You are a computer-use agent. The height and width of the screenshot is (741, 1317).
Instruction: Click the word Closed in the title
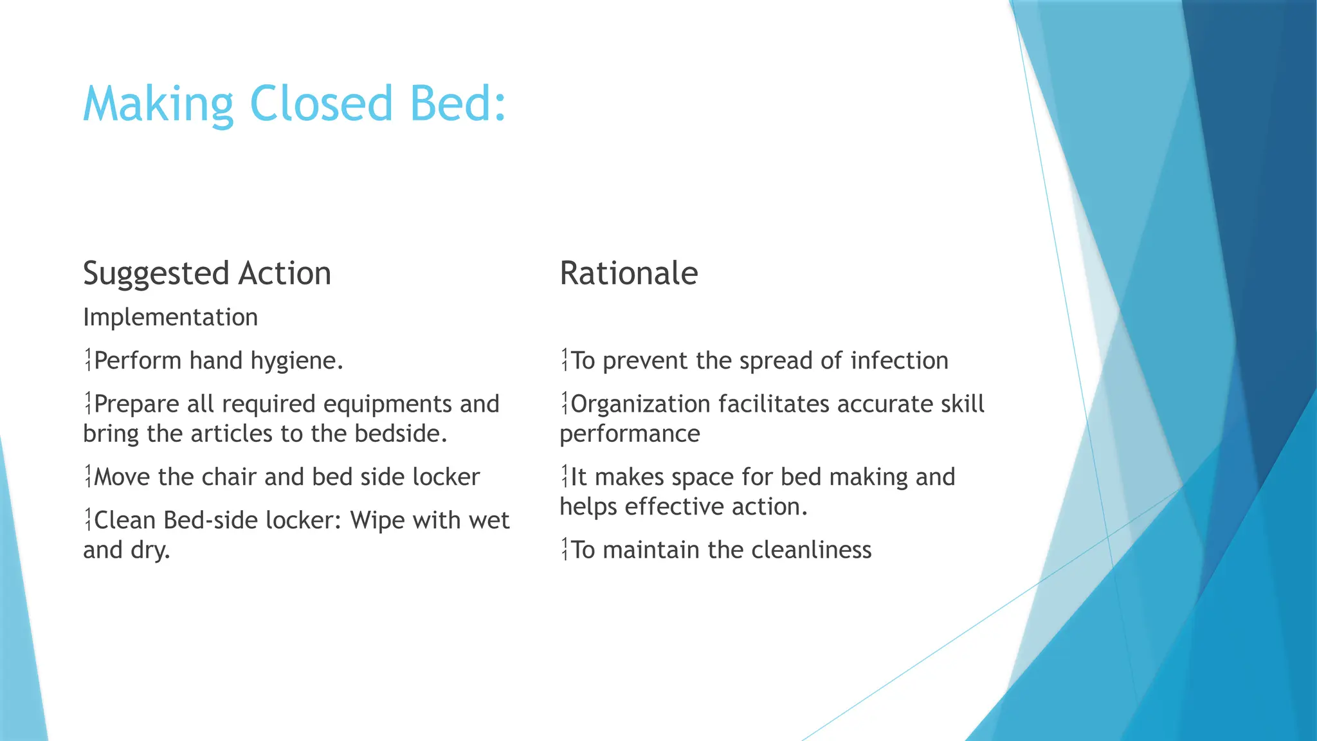click(x=320, y=103)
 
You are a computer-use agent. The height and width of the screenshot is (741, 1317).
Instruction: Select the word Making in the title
click(x=158, y=104)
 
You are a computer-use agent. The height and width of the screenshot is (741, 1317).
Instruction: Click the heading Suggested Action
click(x=207, y=274)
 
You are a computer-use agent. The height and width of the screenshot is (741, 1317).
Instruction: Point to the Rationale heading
click(x=628, y=273)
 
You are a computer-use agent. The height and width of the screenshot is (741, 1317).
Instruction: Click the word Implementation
click(x=170, y=317)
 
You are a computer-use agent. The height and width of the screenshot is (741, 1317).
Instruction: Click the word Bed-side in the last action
click(x=212, y=520)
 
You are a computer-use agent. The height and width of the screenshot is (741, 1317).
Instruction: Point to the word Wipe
click(x=377, y=520)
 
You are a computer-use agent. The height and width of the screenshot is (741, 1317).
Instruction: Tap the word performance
click(x=630, y=435)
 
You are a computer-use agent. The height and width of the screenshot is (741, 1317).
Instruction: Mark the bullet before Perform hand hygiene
click(x=88, y=360)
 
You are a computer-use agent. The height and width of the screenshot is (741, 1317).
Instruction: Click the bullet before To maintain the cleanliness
click(x=565, y=549)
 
